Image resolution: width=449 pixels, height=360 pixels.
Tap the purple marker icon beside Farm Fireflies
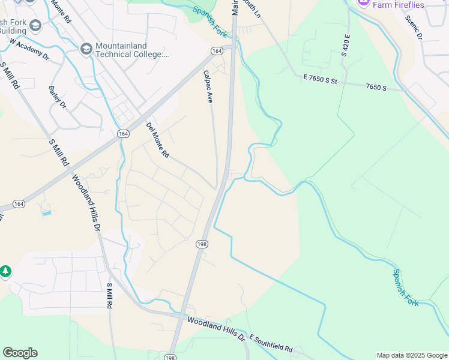point(363,3)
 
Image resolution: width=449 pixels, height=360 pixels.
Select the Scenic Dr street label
point(414,28)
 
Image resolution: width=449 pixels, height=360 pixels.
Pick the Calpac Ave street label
point(208,86)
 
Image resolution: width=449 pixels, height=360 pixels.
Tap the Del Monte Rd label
point(158,140)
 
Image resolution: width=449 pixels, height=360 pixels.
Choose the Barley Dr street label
point(58,98)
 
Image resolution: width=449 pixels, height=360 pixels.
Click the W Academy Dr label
point(29,49)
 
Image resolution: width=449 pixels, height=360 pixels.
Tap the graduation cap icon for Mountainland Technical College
point(86,48)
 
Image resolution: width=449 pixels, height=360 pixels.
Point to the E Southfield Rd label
point(271,344)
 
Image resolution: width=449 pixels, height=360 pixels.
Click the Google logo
point(20,353)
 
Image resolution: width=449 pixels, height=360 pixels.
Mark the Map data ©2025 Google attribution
point(411,355)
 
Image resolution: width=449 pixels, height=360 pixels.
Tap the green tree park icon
point(6,272)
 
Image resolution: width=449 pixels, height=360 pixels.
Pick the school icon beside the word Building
point(35,26)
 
